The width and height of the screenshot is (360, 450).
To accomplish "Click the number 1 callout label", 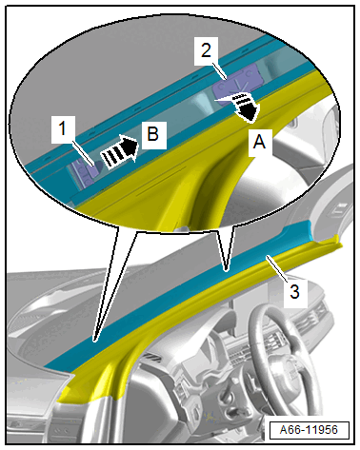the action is point(63,129).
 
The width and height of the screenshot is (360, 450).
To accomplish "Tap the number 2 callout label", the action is point(206,50).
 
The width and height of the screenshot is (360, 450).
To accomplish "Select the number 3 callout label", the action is point(295,292).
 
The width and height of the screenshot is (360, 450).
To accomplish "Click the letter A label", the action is point(260,142).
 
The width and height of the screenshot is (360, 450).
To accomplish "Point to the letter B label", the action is point(153,135).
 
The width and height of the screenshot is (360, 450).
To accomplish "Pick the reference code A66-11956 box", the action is point(309,430).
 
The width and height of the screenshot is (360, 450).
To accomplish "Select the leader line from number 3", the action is point(277,268).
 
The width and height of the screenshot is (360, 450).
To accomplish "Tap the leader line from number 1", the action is point(83,153).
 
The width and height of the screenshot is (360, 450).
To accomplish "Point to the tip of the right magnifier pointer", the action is point(226,271).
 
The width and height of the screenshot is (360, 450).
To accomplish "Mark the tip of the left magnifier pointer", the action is point(94,342).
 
